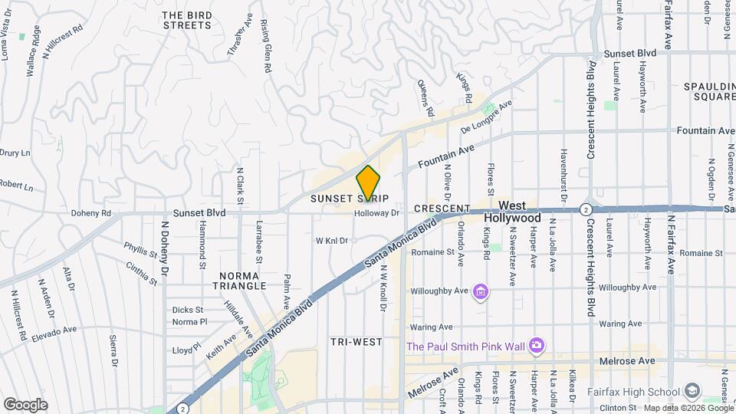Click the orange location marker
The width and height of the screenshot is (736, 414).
[368, 185]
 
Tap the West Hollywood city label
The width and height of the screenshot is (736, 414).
[512, 212]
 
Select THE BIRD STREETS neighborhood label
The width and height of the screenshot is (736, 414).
[187, 20]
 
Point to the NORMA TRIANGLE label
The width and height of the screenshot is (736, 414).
[242, 280]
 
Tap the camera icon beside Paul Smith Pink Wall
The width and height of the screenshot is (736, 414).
[536, 347]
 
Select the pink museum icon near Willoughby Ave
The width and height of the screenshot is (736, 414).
[481, 291]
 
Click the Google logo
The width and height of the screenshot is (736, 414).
[25, 404]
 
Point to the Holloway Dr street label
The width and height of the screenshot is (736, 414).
[377, 214]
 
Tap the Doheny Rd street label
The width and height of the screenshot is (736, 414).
[91, 213]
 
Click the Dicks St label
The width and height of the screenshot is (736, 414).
[187, 310]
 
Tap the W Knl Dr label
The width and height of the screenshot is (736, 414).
[332, 240]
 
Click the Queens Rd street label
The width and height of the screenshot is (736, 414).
[425, 94]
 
